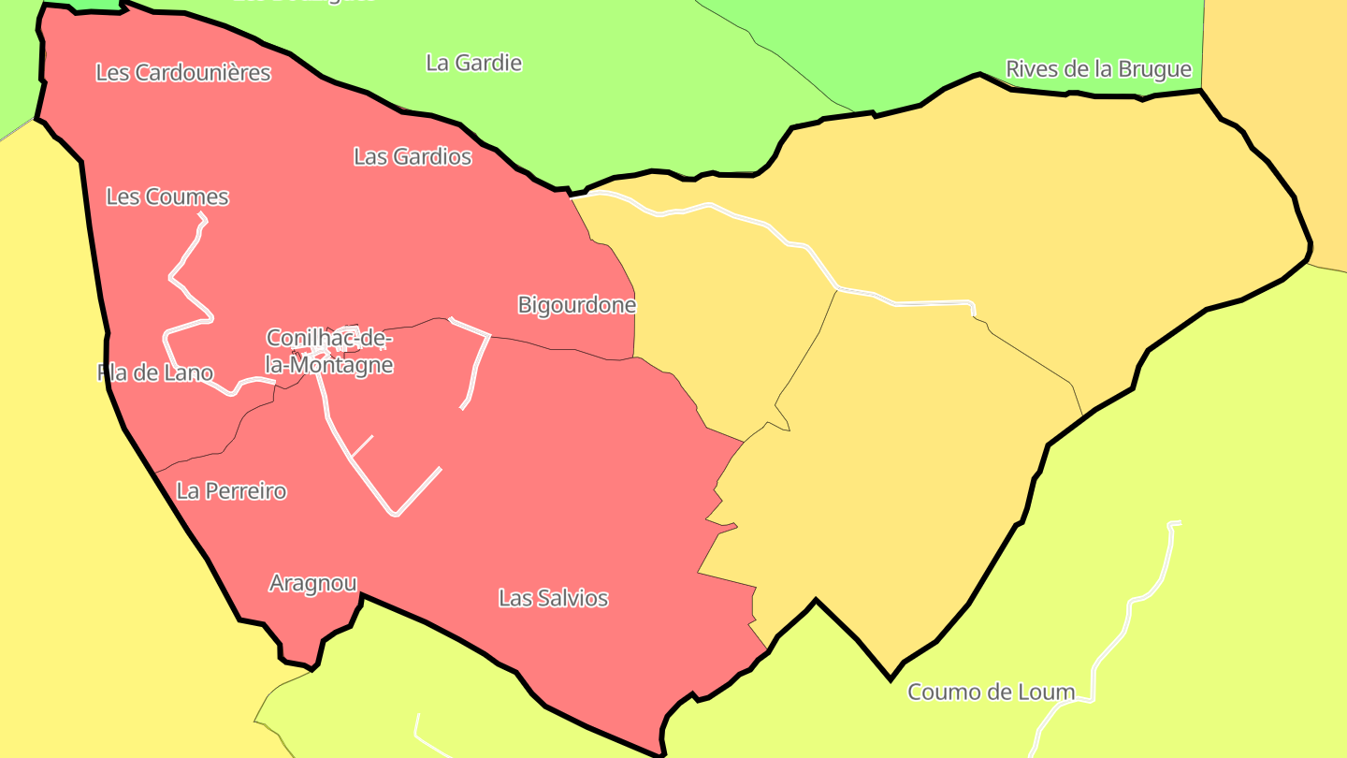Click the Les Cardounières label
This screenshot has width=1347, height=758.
(x=183, y=72)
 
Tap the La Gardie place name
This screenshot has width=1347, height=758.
(x=473, y=63)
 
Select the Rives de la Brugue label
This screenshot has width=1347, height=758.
(x=1098, y=68)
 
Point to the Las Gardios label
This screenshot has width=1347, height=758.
(x=413, y=156)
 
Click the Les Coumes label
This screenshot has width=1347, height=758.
(x=167, y=197)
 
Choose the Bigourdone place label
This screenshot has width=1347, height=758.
(x=576, y=304)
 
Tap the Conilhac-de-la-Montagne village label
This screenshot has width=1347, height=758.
(x=329, y=351)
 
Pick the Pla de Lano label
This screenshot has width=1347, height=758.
(x=155, y=372)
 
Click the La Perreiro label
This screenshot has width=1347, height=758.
(x=231, y=490)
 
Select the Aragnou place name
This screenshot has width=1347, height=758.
(x=312, y=583)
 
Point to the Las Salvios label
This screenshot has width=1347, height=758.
(x=553, y=597)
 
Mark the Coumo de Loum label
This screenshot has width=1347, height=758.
(x=991, y=692)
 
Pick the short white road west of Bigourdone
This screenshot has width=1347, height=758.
(x=477, y=365)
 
